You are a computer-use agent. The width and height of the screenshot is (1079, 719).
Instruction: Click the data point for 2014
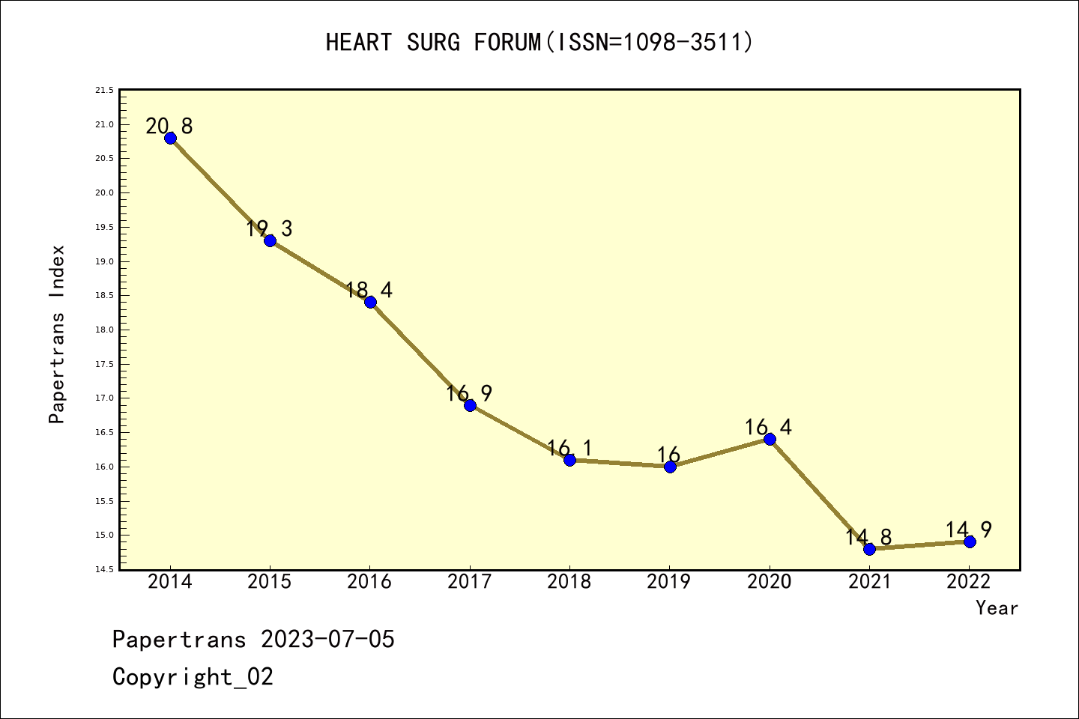[x=170, y=138]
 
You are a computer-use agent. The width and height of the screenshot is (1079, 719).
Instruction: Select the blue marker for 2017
[x=470, y=405]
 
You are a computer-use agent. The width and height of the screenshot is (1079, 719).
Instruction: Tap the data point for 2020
[x=770, y=439]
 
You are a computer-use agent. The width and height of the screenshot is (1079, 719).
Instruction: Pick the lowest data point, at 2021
[x=869, y=549]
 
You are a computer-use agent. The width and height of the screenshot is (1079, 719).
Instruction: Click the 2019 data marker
[x=670, y=467]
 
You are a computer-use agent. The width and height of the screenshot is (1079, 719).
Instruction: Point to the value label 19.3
[x=269, y=228]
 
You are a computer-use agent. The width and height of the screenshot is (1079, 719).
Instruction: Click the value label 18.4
[x=369, y=290]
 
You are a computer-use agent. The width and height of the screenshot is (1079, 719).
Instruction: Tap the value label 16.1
[x=569, y=448]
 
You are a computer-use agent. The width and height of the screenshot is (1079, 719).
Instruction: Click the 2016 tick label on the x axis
[x=369, y=582]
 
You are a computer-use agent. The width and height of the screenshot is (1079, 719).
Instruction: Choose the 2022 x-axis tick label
[x=969, y=582]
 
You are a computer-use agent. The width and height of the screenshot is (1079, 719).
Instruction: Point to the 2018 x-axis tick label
[x=569, y=582]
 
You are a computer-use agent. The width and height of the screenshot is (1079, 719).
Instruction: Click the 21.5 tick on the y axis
[x=104, y=91]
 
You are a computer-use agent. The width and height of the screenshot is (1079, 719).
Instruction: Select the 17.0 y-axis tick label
[x=104, y=398]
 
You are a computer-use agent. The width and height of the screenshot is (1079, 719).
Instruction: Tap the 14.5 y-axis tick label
[x=104, y=570]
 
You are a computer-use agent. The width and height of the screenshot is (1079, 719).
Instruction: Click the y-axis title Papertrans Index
[x=57, y=334]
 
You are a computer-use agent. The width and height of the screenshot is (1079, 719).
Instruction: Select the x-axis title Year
[x=997, y=608]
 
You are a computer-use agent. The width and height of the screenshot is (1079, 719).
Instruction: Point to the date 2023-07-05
[x=327, y=640]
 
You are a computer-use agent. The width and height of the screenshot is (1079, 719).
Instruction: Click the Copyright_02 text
[x=193, y=677]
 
